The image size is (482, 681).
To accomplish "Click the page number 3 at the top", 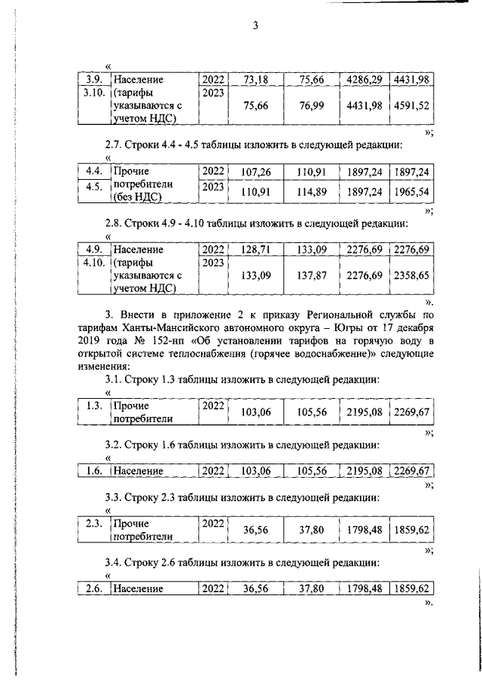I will click(255, 27).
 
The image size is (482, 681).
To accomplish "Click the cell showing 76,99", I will click(311, 106).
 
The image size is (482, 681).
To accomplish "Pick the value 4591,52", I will click(410, 106).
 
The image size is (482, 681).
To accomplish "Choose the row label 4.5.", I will click(93, 188).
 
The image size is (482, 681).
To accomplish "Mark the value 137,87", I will click(311, 276).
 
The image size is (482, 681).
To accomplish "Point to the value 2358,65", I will click(410, 276).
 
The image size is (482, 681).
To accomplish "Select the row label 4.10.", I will click(93, 263).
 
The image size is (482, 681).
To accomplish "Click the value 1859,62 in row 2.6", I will click(410, 589).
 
